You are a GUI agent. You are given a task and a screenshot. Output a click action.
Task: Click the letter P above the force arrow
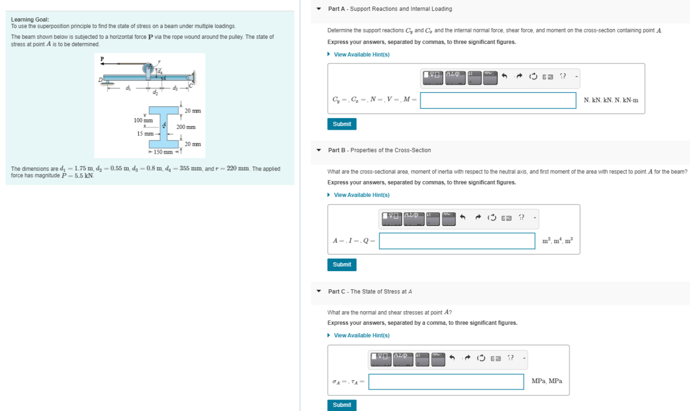(102, 59)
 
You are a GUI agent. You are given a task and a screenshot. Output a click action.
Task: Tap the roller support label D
(100, 80)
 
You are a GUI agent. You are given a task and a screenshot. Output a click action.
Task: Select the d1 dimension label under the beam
(128, 88)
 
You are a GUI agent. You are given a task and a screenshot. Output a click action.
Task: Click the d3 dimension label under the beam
(175, 88)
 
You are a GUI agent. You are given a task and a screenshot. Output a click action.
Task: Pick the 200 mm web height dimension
(186, 127)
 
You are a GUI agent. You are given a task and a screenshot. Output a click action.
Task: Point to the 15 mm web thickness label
(145, 134)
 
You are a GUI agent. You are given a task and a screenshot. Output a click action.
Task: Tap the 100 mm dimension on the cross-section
(143, 120)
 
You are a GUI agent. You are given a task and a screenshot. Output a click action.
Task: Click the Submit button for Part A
(342, 124)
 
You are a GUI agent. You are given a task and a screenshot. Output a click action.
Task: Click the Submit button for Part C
(342, 405)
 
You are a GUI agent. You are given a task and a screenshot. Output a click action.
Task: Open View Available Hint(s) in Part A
(361, 55)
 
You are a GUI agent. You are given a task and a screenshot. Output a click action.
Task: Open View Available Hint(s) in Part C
(361, 335)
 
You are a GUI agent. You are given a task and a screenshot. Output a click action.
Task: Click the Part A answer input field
(498, 100)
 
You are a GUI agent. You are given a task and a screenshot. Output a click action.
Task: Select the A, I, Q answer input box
(457, 241)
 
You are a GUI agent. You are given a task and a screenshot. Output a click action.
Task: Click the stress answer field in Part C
(446, 382)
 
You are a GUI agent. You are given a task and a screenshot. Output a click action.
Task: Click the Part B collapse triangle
(319, 150)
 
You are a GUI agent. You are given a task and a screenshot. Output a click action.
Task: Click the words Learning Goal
(30, 20)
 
